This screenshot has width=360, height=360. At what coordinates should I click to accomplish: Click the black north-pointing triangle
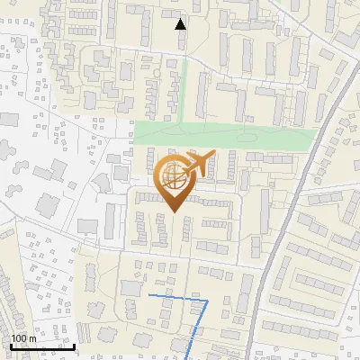[x=181, y=23]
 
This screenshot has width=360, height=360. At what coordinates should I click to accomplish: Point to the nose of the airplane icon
[x=214, y=154]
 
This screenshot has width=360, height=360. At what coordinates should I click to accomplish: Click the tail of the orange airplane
[x=184, y=166]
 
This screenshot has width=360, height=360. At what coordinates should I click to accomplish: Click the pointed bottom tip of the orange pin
[x=174, y=212]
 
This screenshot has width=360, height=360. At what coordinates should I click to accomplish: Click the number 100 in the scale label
[x=20, y=338]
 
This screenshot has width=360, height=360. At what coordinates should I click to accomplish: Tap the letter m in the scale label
[x=33, y=338]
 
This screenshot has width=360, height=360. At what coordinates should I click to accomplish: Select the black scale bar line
[x=41, y=346]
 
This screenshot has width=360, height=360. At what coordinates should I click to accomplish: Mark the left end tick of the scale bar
[x=11, y=345]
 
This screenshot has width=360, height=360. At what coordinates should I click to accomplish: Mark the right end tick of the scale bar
[x=74, y=345]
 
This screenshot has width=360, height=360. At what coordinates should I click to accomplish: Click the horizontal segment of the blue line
[x=178, y=297]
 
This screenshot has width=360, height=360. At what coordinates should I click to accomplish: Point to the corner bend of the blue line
[x=208, y=300]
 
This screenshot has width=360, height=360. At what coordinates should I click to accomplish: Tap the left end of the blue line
[x=149, y=294]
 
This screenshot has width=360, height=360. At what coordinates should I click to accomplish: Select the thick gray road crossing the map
[x=297, y=198]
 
